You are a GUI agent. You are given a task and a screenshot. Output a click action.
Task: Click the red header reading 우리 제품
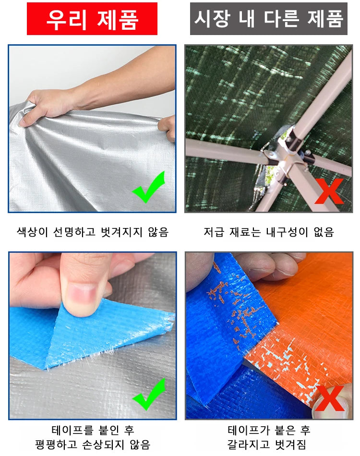tap(92, 19)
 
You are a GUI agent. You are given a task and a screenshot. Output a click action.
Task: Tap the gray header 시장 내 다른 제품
tap(269, 19)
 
